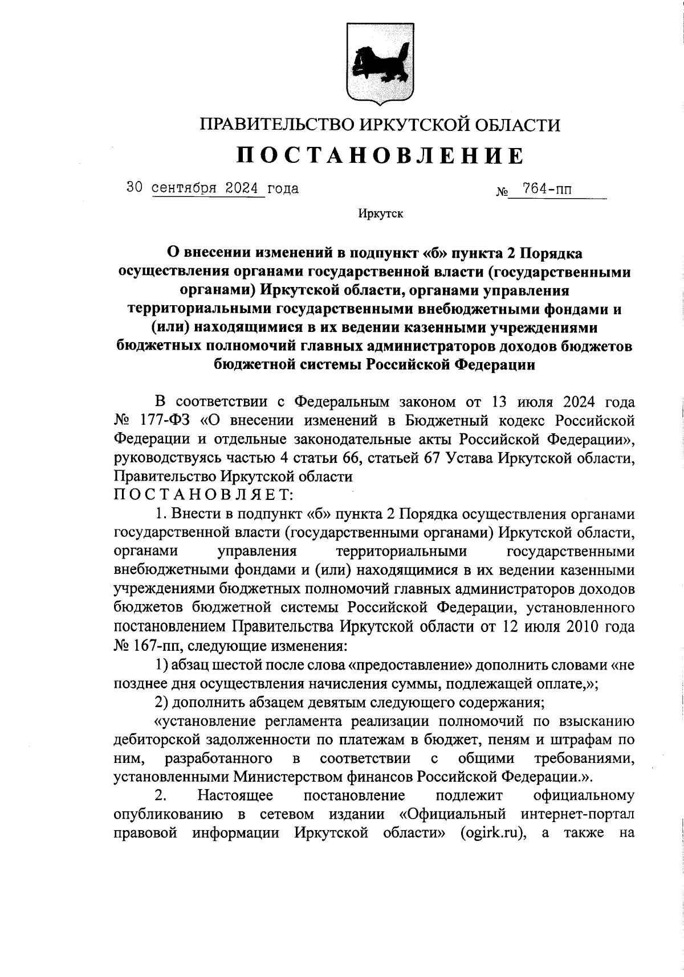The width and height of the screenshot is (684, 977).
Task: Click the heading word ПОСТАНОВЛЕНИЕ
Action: coord(380,155)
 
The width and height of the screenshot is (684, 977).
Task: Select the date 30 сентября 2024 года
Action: coord(211,188)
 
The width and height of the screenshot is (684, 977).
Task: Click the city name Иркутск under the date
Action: coord(380,215)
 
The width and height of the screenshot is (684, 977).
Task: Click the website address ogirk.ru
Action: coord(495,832)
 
